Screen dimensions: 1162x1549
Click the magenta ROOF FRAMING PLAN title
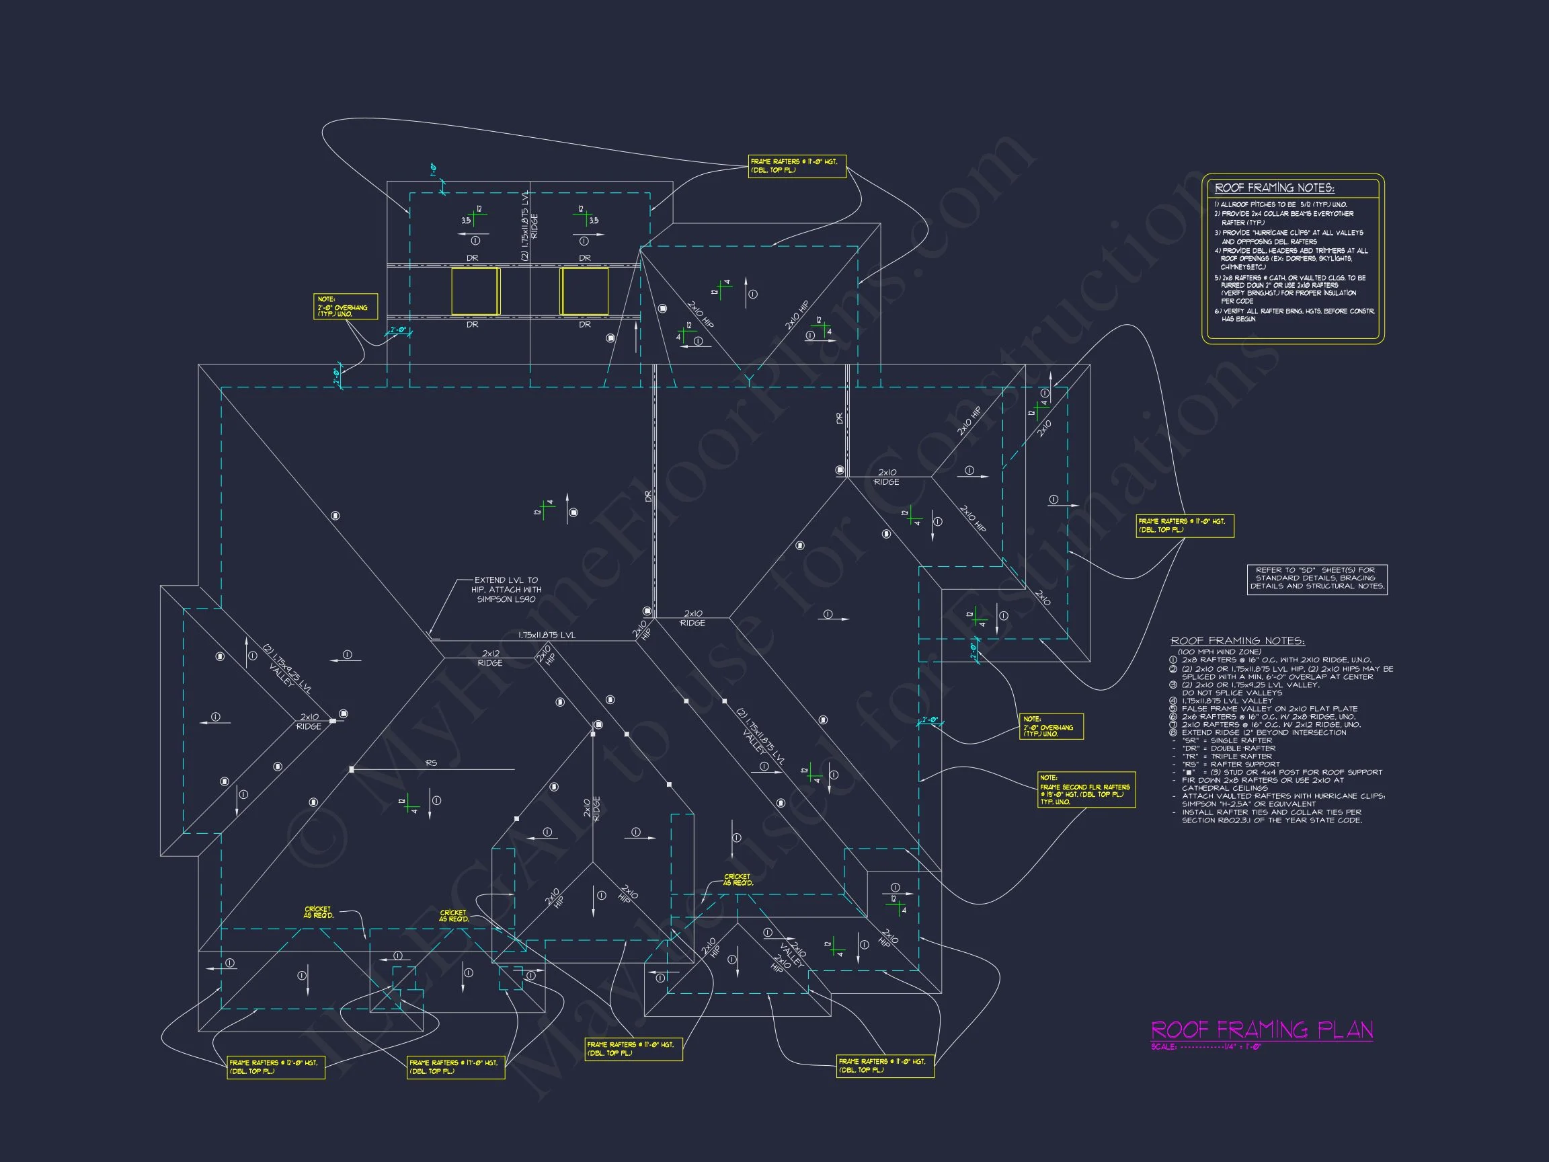(x=1261, y=1030)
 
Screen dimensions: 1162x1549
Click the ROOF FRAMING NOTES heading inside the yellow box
(x=1275, y=188)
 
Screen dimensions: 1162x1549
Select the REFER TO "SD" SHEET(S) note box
(x=1316, y=578)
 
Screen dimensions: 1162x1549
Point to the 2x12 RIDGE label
(x=490, y=658)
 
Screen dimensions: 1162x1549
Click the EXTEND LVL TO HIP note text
(x=506, y=580)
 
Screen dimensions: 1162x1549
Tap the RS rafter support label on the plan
(x=432, y=763)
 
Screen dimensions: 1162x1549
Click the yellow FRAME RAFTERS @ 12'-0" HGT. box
(x=275, y=1067)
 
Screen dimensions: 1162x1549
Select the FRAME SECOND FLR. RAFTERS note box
(x=1085, y=789)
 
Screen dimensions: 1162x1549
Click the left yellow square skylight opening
(x=475, y=290)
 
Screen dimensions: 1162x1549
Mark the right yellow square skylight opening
(x=584, y=290)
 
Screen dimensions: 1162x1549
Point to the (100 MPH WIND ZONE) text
(x=1219, y=652)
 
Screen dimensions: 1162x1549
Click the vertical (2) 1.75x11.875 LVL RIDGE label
(x=529, y=225)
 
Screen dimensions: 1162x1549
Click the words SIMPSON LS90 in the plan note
(x=506, y=600)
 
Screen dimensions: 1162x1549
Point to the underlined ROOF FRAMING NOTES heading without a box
(x=1237, y=641)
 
